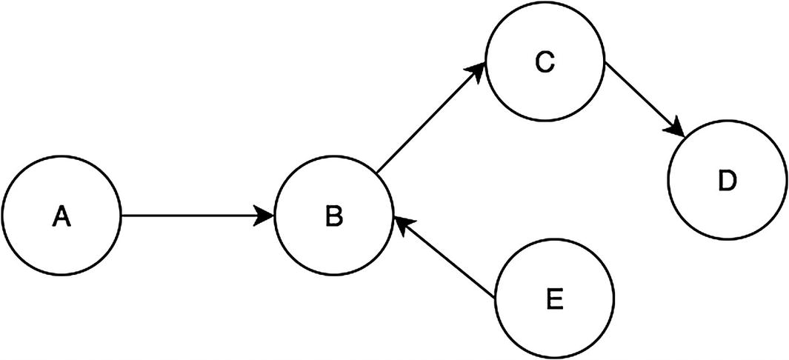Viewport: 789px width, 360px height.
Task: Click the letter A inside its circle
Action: coord(61,216)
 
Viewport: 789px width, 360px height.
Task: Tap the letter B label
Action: coord(333,216)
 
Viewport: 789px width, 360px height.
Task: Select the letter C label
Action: coord(545,63)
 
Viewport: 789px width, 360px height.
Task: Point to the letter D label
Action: coord(728,181)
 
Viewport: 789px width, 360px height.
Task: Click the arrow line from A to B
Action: coord(193,216)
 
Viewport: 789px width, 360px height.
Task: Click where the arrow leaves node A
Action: coord(122,216)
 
